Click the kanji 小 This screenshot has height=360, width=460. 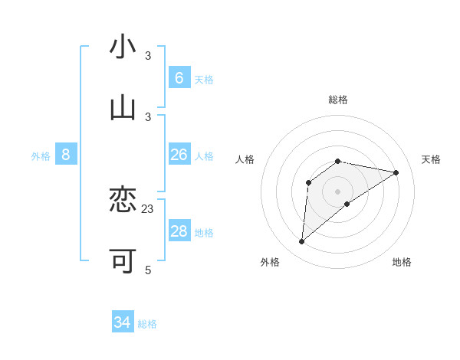click(123, 47)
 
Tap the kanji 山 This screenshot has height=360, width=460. click(123, 109)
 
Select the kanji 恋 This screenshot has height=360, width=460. click(123, 201)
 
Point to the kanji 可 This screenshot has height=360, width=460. click(123, 261)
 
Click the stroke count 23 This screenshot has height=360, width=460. click(148, 208)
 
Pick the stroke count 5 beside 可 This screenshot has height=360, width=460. click(148, 270)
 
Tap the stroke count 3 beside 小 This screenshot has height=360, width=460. click(148, 56)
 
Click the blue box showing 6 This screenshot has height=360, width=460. click(179, 78)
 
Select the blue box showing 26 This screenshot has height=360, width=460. click(179, 155)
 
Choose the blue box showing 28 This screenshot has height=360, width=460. click(179, 231)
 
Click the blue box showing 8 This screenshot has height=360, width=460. click(66, 155)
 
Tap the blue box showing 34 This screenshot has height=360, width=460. click(123, 322)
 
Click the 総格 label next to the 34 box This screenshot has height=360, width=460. click(147, 324)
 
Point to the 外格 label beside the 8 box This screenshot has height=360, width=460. click(41, 156)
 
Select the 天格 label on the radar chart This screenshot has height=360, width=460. click(431, 159)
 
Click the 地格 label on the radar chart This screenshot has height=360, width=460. click(402, 262)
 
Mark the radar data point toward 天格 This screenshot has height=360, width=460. click(396, 172)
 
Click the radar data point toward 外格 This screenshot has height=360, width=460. click(301, 242)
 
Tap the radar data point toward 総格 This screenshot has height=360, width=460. click(338, 161)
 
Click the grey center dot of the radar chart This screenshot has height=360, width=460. click(338, 191)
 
